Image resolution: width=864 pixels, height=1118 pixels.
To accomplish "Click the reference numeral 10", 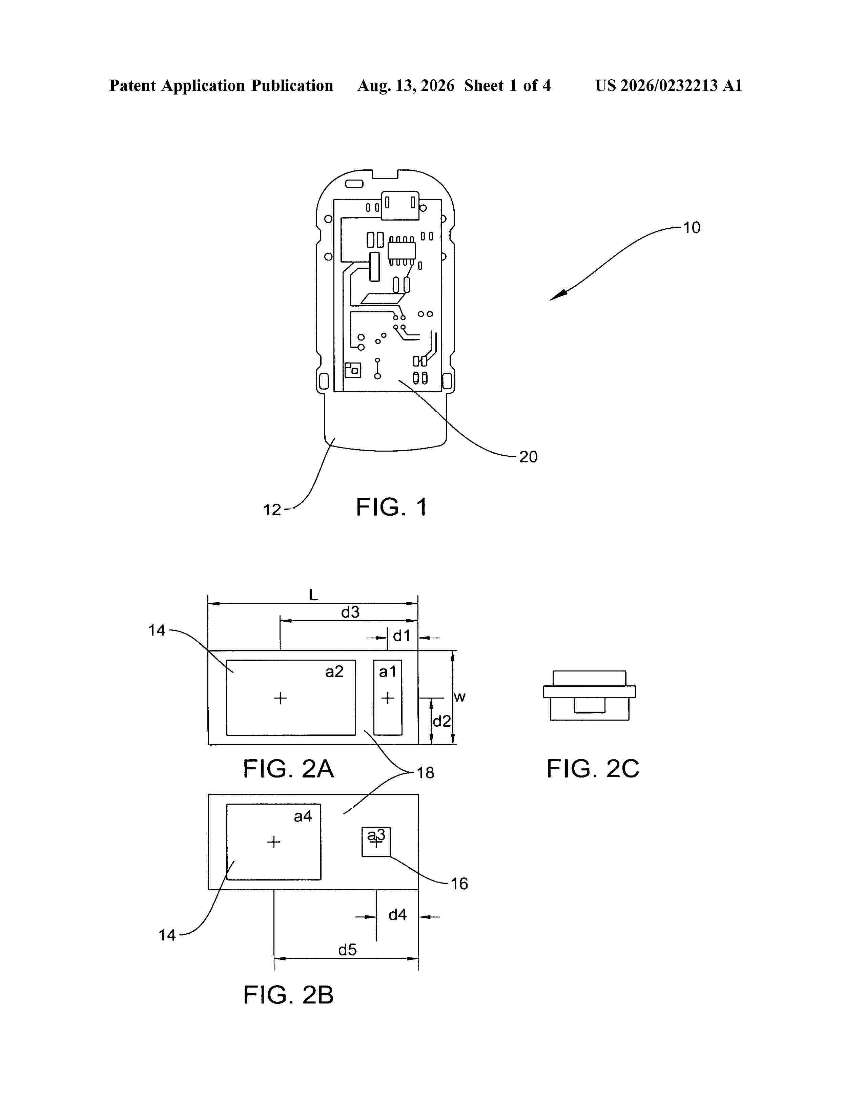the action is (x=692, y=228).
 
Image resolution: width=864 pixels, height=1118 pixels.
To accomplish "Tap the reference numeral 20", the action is (x=528, y=457).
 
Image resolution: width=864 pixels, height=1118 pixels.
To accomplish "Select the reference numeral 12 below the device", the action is (x=272, y=510).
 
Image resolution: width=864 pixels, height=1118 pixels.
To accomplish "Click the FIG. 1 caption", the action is (x=392, y=507).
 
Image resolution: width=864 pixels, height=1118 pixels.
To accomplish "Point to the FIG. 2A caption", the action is (x=288, y=769).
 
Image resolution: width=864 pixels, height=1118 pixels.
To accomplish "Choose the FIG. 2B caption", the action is (x=288, y=995).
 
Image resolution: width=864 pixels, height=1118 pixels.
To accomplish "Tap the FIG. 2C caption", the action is (x=593, y=769).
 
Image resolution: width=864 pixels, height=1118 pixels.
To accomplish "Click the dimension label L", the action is (x=313, y=595).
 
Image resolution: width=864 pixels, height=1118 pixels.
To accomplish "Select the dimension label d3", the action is (x=351, y=612).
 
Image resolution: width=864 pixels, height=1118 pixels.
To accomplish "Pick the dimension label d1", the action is (x=402, y=636).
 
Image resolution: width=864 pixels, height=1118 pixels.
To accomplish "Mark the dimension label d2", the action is (x=442, y=721).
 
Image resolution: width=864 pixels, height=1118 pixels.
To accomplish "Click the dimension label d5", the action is (x=348, y=950).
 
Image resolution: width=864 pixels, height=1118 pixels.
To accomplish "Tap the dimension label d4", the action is (x=398, y=914).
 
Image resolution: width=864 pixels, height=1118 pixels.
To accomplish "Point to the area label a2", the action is (x=334, y=671).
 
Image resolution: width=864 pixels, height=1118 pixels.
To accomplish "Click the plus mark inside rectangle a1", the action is (x=388, y=698).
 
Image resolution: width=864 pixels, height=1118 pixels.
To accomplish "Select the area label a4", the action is (x=303, y=816).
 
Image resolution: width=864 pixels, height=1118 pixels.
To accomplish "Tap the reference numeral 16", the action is (x=459, y=884).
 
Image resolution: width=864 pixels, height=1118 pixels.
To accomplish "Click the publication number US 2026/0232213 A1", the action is (x=668, y=85).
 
